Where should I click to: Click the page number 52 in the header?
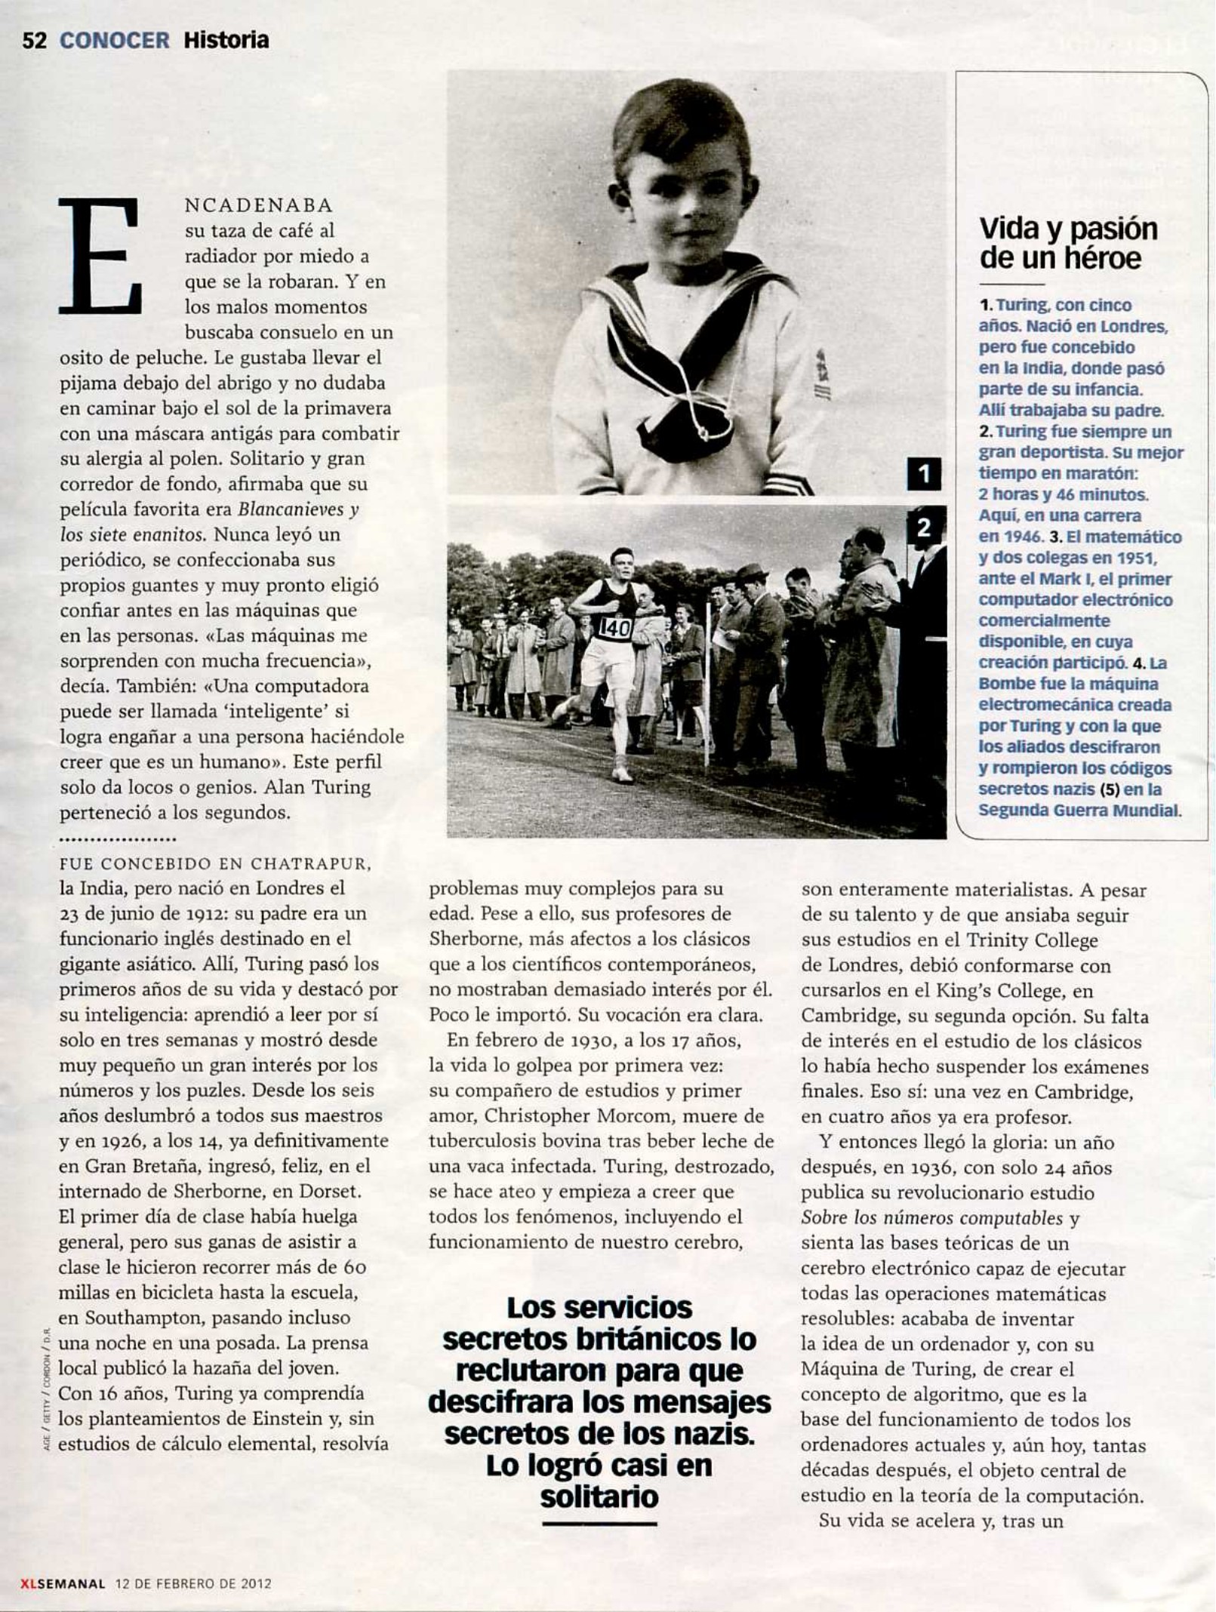tap(35, 40)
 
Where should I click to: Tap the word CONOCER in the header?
tap(115, 40)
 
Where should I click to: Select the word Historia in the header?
tap(226, 40)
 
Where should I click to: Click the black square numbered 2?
tap(924, 528)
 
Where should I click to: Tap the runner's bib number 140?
tap(615, 627)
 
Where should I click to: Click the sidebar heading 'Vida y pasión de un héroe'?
tap(1067, 243)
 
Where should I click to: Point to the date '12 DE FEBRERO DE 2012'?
tap(192, 1583)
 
